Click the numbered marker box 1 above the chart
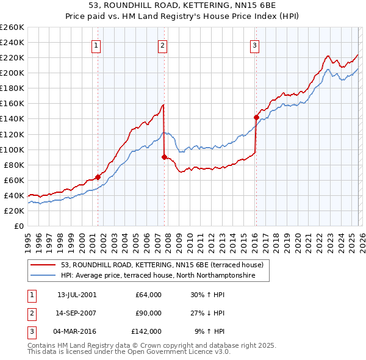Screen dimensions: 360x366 pos(97,45)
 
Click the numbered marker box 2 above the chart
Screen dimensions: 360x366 pos(163,45)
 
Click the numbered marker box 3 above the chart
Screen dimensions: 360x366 pos(254,45)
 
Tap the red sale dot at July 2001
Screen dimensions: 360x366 pos(98,177)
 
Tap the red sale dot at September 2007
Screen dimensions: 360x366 pos(164,157)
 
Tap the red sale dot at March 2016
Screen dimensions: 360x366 pos(256,117)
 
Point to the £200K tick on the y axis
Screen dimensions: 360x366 pos(12,73)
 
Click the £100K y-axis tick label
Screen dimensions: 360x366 pos(12,149)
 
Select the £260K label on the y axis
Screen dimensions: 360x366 pos(12,27)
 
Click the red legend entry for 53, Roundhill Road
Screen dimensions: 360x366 pos(162,265)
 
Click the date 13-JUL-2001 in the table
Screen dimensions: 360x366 pos(77,295)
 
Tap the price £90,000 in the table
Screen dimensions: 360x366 pos(148,313)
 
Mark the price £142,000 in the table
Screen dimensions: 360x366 pos(146,331)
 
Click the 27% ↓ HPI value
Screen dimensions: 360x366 pos(207,313)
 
